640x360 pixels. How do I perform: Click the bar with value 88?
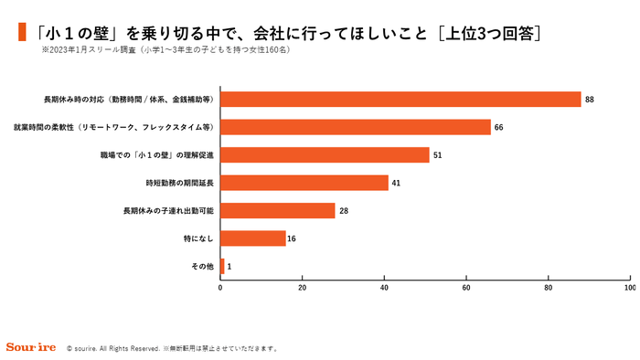coord(400,100)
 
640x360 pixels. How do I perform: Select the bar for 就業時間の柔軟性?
coord(356,127)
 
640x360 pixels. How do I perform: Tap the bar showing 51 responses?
coord(325,155)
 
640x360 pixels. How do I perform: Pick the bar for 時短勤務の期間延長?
coord(304,183)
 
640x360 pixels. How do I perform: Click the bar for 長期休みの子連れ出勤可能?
coord(278,211)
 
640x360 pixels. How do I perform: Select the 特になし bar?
coord(253,238)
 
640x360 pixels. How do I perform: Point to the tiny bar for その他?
coord(222,267)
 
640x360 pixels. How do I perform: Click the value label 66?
coord(499,127)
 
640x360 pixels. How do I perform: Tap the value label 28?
coord(344,211)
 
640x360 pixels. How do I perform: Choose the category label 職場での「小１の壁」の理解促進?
coord(156,155)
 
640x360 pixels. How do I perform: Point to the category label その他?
coord(202,267)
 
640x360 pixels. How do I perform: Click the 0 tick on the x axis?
coord(220,289)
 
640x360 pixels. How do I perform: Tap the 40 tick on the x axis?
coord(384,289)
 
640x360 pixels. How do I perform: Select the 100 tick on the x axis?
coord(629,289)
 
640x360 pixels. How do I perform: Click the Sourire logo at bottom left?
coord(31,348)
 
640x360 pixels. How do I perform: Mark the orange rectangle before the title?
coord(21,34)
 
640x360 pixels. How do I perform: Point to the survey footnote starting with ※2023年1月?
coord(165,52)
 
